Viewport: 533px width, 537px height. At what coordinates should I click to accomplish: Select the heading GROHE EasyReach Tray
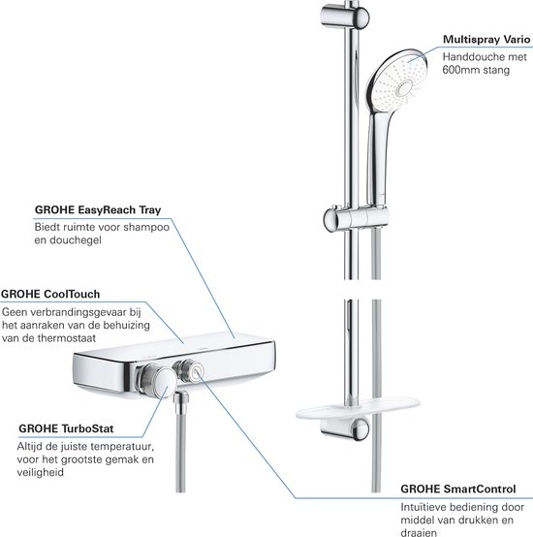(97, 207)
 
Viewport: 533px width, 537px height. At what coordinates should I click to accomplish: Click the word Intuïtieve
(429, 509)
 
